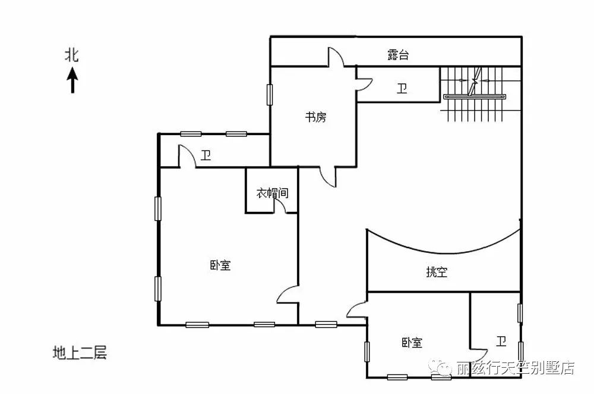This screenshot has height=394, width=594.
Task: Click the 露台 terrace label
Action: pos(398,55)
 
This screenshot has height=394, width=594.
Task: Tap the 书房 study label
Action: pos(315,117)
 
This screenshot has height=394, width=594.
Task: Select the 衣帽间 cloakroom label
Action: pos(272,193)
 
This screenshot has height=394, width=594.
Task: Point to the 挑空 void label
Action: pos(437,272)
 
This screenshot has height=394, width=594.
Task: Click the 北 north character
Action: pos(72,55)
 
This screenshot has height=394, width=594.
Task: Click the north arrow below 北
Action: pos(72,80)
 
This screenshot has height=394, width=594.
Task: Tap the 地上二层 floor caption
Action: pos(80,352)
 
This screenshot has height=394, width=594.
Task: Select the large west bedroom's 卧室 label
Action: pos(220,265)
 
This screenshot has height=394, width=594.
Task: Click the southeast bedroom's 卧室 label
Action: pos(412,343)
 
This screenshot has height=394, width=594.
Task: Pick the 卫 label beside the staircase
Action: pos(402,89)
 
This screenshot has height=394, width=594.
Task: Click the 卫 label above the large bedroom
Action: pos(206,155)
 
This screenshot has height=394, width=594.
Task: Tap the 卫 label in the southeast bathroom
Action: pos(501,341)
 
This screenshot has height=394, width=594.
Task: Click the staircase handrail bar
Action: pos(475,97)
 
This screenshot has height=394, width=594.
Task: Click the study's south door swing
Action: pos(328,177)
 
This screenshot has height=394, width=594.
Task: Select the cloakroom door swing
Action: pos(280,205)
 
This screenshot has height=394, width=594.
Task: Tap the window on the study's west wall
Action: pos(269,95)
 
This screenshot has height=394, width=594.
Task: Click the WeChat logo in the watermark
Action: pos(440,367)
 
